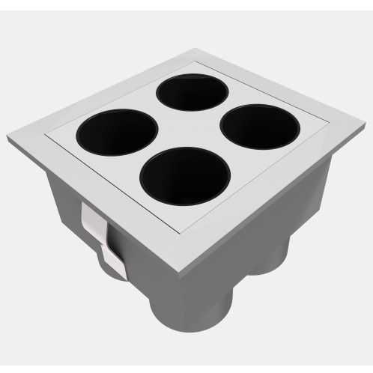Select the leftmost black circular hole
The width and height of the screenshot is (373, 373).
115,133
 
